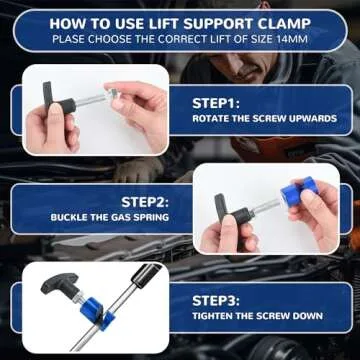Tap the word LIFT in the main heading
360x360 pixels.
[x=163, y=19]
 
